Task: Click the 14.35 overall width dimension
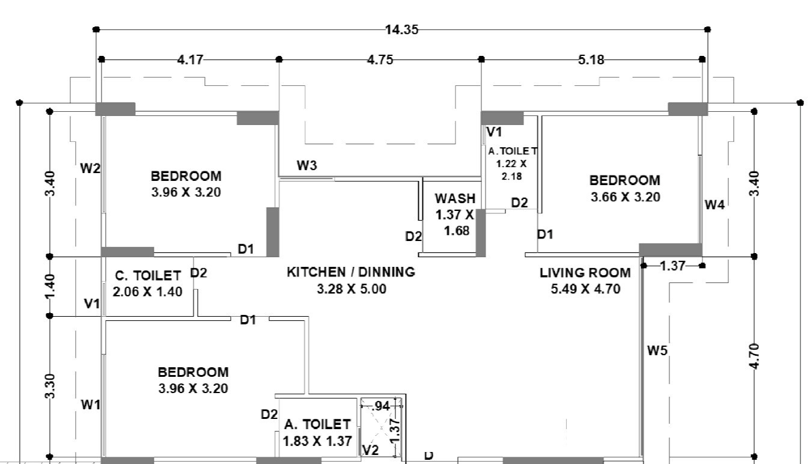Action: click(x=401, y=29)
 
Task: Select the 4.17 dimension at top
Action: click(x=190, y=60)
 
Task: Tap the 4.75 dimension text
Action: click(x=380, y=60)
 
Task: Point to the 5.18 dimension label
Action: click(x=591, y=60)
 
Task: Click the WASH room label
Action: click(x=455, y=198)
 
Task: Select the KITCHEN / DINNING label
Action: click(x=351, y=272)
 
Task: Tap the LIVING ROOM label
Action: click(x=585, y=273)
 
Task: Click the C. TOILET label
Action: click(x=148, y=276)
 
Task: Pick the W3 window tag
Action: click(x=306, y=166)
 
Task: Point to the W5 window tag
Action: click(x=657, y=350)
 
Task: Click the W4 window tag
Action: click(x=715, y=205)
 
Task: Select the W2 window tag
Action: click(x=90, y=168)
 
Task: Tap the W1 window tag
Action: click(x=90, y=404)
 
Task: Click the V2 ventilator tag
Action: click(x=370, y=450)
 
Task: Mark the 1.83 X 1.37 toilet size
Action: click(x=317, y=441)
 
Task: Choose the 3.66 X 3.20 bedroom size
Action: click(x=625, y=197)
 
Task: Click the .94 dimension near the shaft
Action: click(x=381, y=406)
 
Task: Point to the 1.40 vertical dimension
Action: click(x=50, y=286)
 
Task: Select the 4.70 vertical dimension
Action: click(x=754, y=356)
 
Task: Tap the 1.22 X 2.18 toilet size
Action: click(x=511, y=170)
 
